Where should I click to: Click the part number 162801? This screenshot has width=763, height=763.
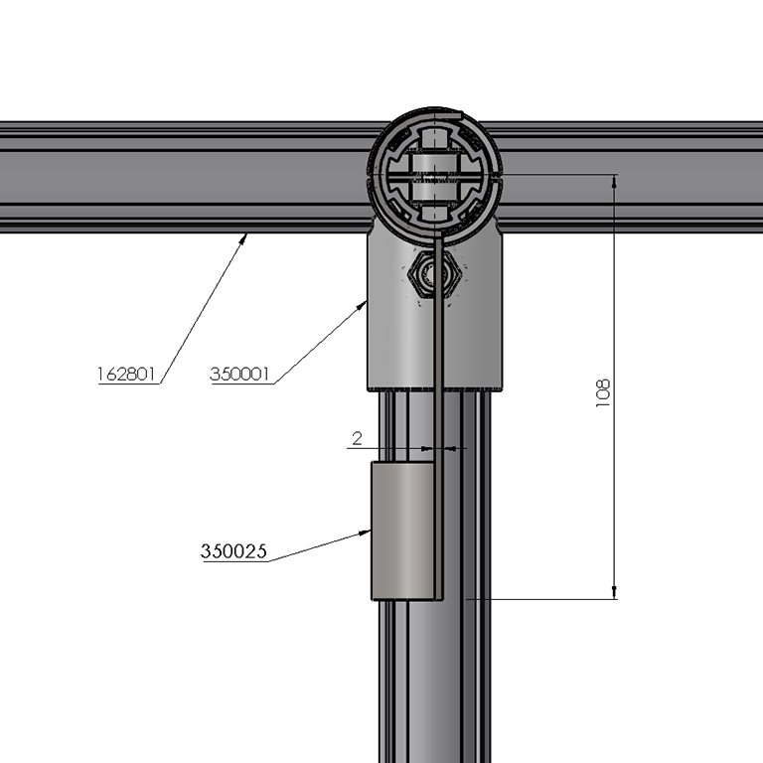click(x=128, y=374)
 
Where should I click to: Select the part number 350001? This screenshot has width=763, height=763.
click(x=240, y=374)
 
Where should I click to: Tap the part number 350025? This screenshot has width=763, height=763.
click(x=233, y=551)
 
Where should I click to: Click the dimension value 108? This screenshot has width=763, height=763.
click(x=602, y=391)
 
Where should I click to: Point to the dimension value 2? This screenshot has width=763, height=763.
click(x=356, y=437)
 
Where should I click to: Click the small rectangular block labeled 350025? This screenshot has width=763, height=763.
click(x=399, y=531)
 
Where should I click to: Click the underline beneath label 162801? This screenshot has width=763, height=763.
click(x=128, y=383)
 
